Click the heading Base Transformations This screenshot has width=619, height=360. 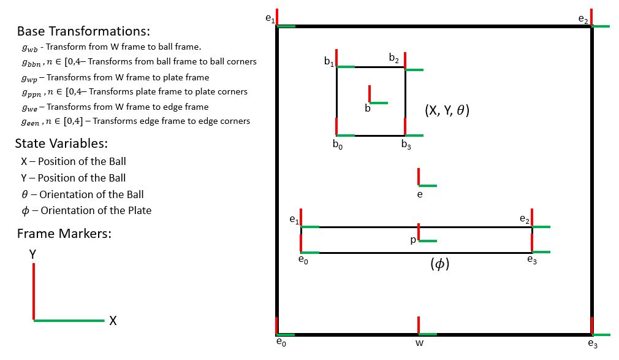[x=83, y=31]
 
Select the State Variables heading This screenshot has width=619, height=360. [x=61, y=144]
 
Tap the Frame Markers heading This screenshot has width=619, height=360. [x=64, y=234]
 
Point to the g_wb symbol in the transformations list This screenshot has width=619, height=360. [x=28, y=47]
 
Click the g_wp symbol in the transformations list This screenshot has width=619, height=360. [x=28, y=77]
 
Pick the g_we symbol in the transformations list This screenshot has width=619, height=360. [x=28, y=107]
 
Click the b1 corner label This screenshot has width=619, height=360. [x=329, y=61]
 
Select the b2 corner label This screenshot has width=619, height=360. [x=394, y=58]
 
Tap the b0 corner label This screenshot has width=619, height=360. [x=337, y=145]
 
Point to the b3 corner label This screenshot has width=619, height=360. [x=406, y=145]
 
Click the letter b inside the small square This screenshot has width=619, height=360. [x=368, y=109]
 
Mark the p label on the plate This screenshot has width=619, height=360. [x=413, y=240]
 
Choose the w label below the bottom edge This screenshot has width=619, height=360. [x=419, y=343]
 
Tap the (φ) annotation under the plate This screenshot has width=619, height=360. [x=440, y=264]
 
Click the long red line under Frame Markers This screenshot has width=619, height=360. [x=33, y=291]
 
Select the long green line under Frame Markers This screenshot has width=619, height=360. [x=69, y=320]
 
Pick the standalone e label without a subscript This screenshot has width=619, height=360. [x=419, y=194]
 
